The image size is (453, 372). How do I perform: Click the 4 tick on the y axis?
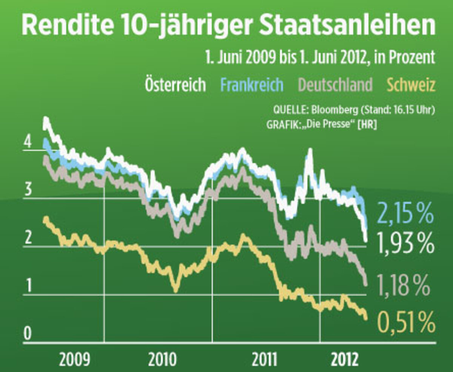click(27, 143)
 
